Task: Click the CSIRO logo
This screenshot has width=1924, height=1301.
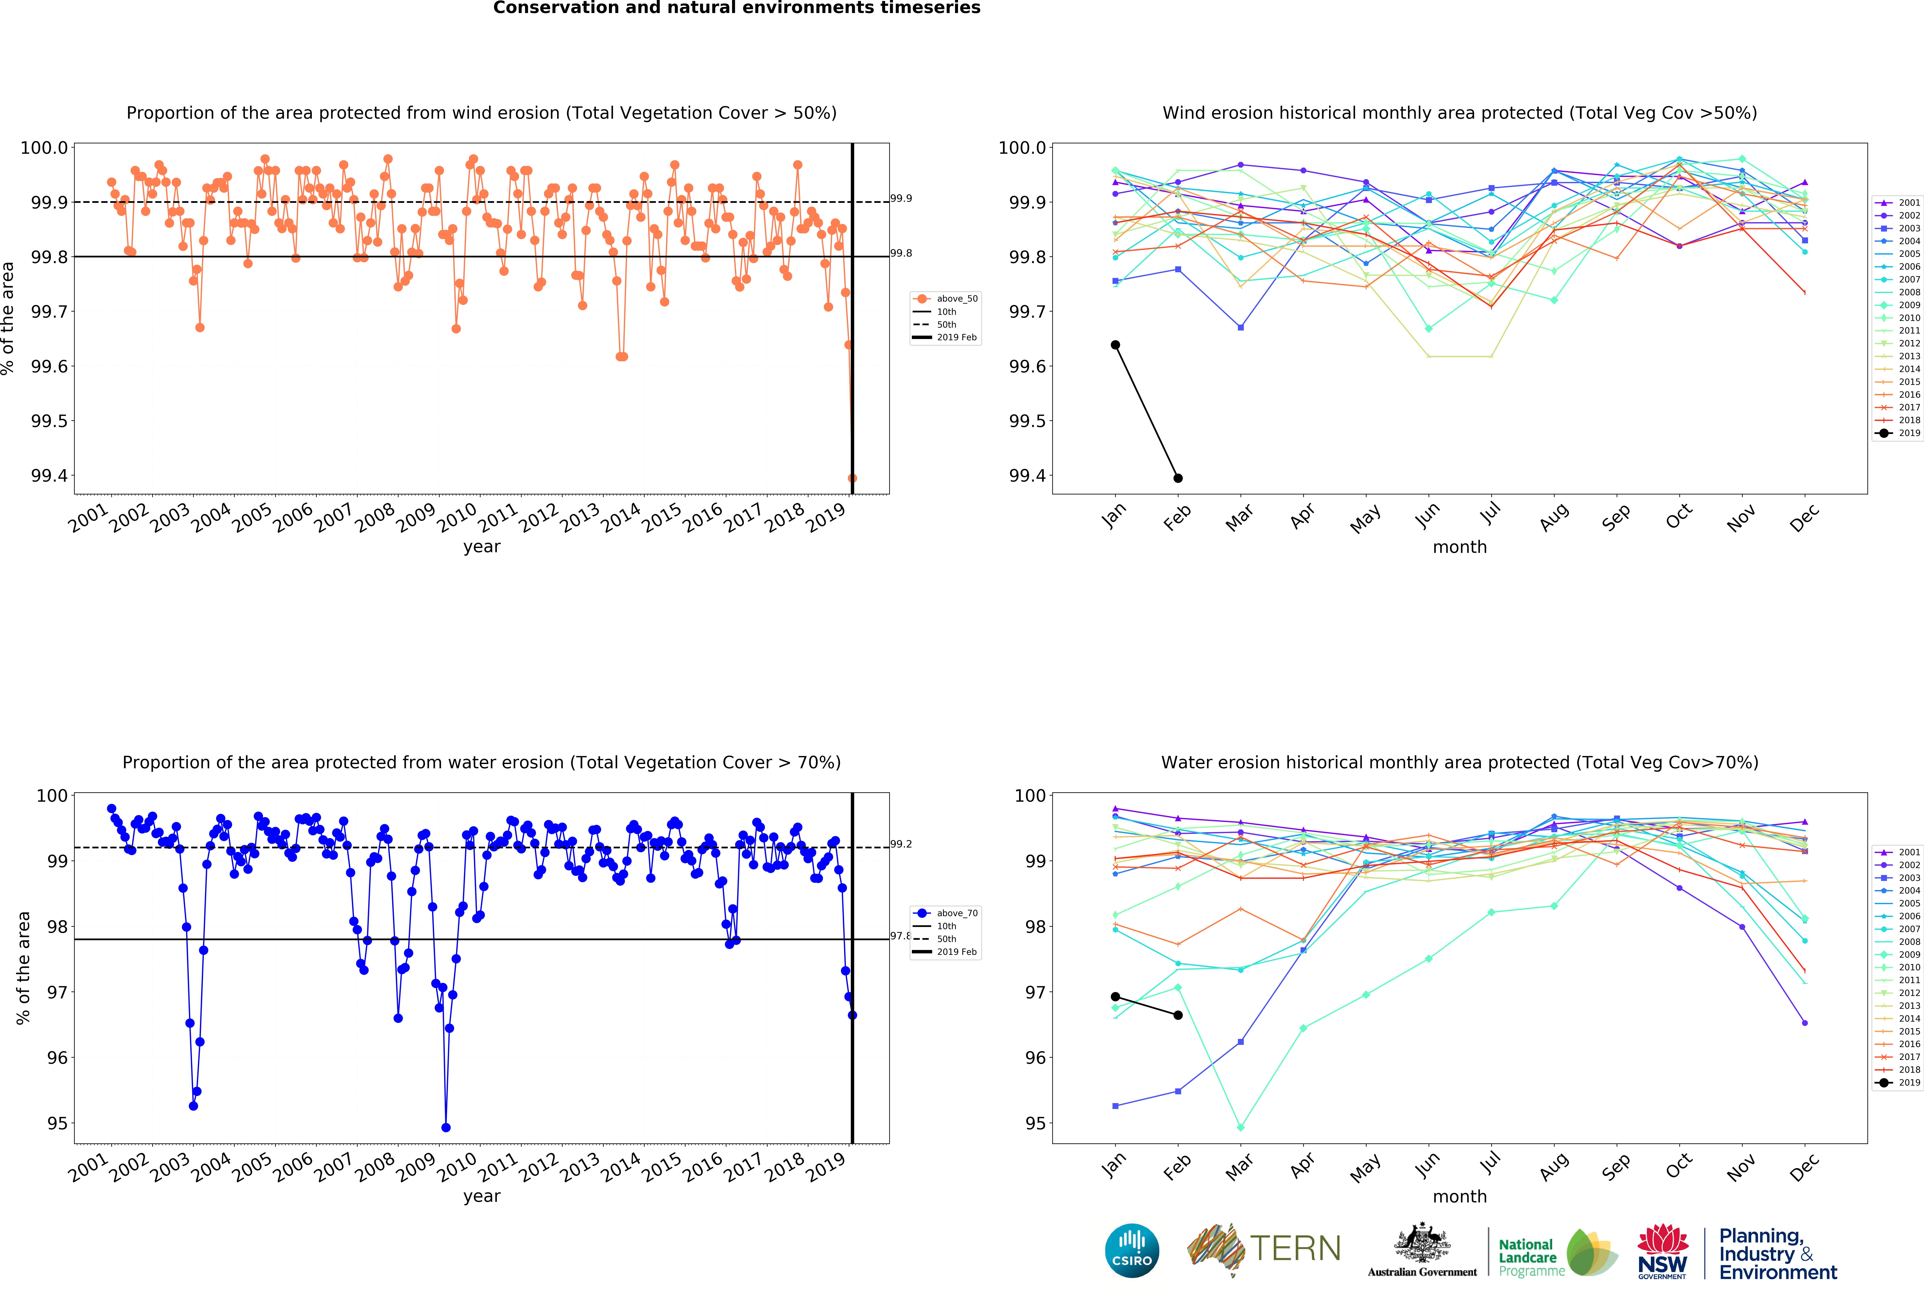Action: pyautogui.click(x=1132, y=1250)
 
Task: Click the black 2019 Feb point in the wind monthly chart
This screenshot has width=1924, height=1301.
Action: pyautogui.click(x=1178, y=478)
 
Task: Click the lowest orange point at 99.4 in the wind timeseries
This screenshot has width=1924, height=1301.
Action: pyautogui.click(x=852, y=478)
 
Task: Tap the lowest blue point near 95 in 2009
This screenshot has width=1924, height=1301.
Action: pyautogui.click(x=446, y=1127)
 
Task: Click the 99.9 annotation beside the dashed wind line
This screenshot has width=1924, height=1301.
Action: pyautogui.click(x=901, y=199)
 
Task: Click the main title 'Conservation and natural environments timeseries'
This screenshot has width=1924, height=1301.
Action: pyautogui.click(x=737, y=8)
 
